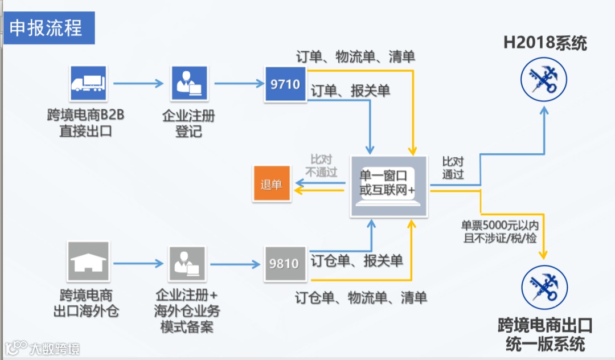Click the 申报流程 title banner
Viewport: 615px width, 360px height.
48,28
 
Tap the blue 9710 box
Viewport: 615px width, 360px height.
285,84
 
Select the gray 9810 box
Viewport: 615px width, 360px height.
285,264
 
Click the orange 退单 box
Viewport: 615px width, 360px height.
272,185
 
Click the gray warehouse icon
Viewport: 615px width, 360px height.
88,263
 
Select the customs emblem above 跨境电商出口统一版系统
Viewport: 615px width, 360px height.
544,287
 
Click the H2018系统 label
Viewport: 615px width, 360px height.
545,43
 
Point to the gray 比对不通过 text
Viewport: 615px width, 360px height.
321,166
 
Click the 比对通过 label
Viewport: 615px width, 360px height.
453,168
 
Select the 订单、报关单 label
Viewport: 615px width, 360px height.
350,91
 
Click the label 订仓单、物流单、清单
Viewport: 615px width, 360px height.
360,298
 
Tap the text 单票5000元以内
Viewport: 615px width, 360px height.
499,226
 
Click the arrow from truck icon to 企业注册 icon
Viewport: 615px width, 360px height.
138,84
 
